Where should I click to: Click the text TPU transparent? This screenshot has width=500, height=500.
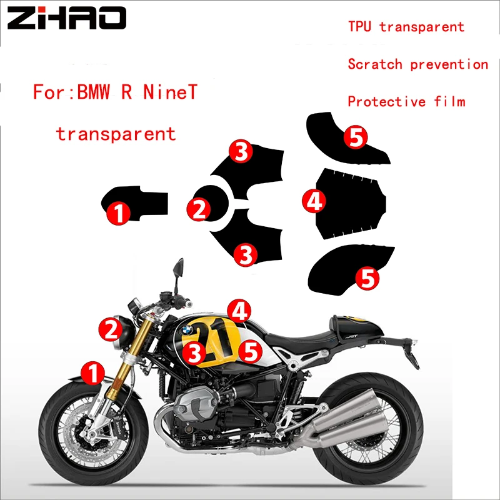point(406,26)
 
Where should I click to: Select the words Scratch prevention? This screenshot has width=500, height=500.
point(417,64)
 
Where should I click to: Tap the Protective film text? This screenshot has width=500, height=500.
point(406,101)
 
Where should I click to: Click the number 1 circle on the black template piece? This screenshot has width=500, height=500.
point(118,212)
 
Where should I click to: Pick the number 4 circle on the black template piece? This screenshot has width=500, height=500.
point(314,200)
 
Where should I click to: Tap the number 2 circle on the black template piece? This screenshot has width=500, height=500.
point(199,208)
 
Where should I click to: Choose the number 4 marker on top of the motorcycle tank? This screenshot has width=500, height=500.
point(239,309)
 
